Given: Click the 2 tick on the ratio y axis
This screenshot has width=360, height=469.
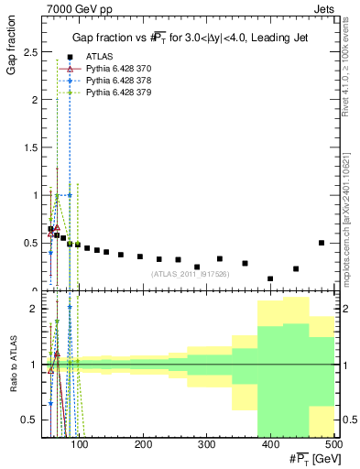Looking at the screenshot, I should [x=36, y=309].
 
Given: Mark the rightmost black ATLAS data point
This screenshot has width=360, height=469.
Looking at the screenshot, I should [x=322, y=243].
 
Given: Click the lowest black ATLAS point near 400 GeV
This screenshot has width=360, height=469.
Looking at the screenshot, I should [x=270, y=278].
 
